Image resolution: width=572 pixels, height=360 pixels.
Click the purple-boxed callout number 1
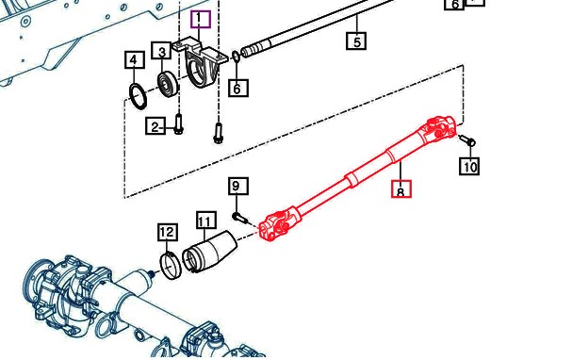click(201, 20)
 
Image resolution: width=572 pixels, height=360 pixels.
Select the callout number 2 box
click(155, 126)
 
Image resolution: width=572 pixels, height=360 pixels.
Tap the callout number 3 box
click(162, 52)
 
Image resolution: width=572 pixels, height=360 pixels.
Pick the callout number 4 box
click(135, 60)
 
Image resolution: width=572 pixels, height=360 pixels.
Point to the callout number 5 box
click(356, 41)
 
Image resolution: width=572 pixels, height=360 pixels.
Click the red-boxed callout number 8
click(401, 189)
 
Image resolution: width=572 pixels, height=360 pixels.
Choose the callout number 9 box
click(238, 187)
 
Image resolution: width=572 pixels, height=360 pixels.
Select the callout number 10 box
click(469, 166)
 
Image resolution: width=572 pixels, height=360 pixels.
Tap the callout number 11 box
click(206, 220)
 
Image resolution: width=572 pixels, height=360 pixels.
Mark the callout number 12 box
click(168, 233)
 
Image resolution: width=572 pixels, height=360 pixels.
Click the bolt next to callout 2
click(179, 123)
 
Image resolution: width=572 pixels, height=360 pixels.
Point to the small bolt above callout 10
click(467, 139)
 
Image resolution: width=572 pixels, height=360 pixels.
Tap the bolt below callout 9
click(240, 219)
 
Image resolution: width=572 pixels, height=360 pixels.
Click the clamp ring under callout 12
click(171, 266)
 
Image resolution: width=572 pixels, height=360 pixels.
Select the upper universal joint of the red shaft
click(438, 130)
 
